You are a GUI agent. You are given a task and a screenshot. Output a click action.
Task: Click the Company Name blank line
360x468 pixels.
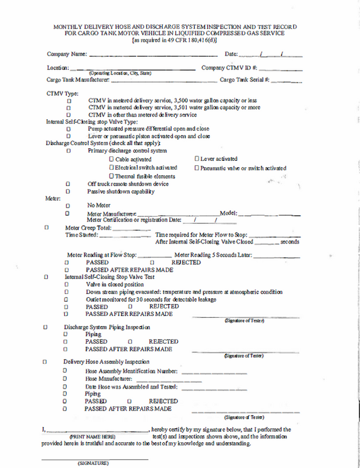tap(151, 56)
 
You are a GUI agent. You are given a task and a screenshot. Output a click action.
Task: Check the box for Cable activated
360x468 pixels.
tap(112, 160)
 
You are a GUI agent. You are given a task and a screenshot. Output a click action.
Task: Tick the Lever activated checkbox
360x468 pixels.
tap(197, 159)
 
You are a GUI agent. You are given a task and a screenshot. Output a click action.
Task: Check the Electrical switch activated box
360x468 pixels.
tap(112, 168)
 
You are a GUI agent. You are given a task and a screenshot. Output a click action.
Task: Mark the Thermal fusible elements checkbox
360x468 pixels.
tap(112, 177)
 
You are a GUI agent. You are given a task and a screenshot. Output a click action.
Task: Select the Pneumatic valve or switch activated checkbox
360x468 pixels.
tap(197, 168)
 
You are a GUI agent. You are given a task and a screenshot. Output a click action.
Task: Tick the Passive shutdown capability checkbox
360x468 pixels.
tap(68, 192)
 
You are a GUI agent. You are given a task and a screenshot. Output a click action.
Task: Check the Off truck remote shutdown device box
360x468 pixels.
tap(68, 184)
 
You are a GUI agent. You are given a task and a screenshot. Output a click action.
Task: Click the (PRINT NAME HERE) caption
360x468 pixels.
tap(92, 436)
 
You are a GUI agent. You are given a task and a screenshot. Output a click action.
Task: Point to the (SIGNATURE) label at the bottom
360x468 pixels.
tap(94, 463)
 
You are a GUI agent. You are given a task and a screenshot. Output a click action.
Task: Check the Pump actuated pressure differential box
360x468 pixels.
tap(68, 129)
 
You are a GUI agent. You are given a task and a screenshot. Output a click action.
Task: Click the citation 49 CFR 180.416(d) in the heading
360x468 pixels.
tap(190, 40)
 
